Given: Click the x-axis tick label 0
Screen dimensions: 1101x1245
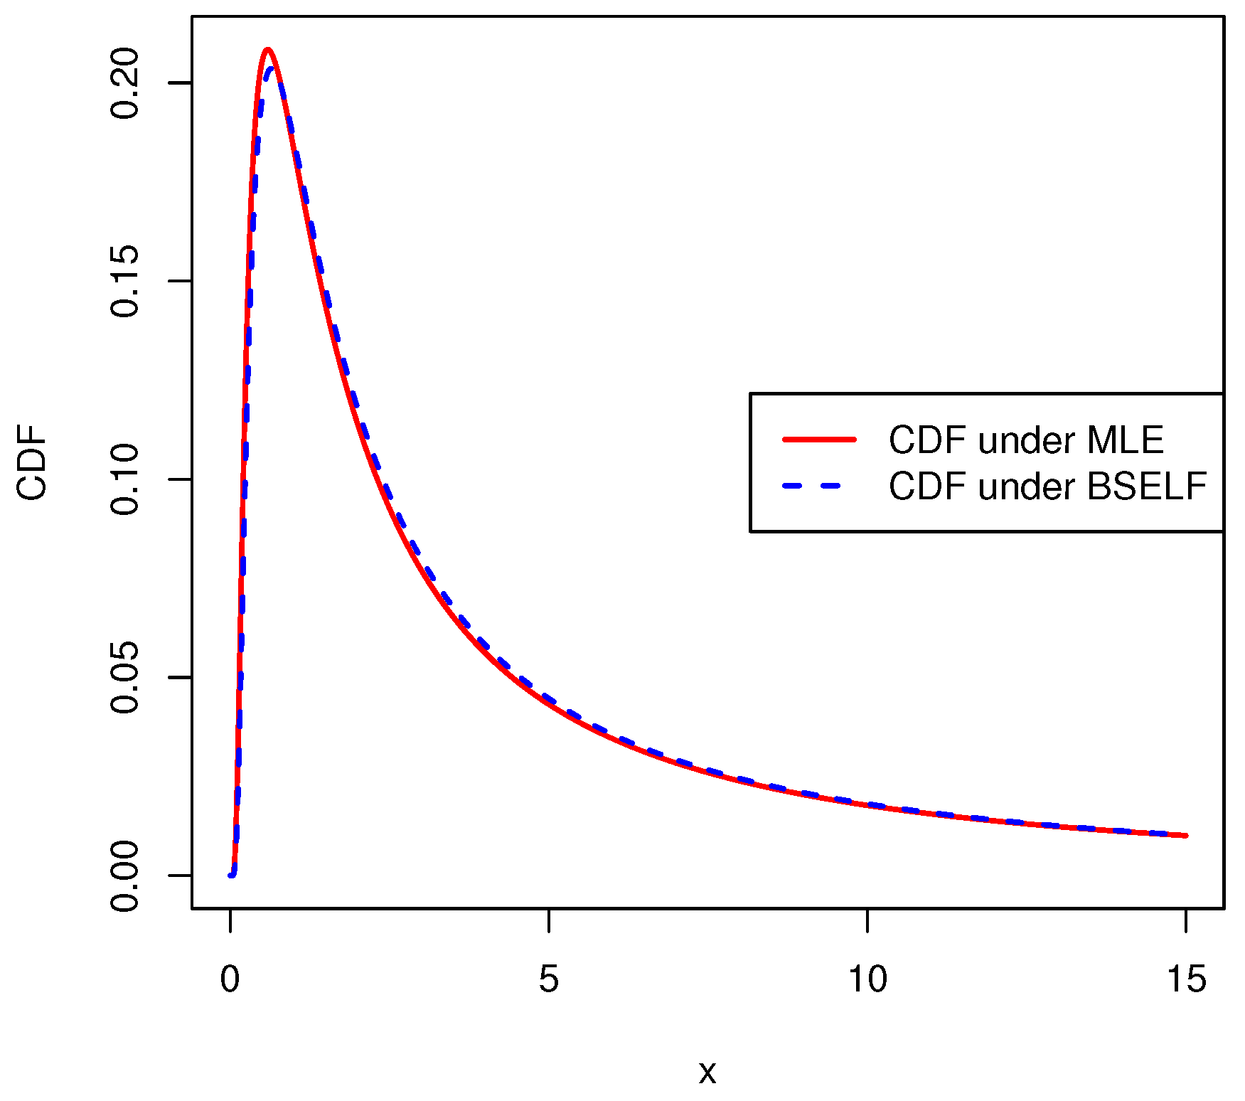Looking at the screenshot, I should [x=230, y=979].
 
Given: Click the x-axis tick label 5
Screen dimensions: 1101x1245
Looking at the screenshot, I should [x=548, y=979].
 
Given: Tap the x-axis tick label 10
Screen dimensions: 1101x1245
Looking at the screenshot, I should [x=867, y=979].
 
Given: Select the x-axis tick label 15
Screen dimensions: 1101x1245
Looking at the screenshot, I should [x=1186, y=979].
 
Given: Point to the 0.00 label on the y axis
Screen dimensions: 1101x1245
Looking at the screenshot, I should [x=125, y=876].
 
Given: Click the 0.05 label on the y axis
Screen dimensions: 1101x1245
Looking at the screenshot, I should [x=125, y=677].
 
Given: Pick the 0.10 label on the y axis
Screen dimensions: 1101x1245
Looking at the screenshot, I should [x=125, y=479].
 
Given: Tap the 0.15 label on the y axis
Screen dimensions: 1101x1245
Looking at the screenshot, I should [x=125, y=281].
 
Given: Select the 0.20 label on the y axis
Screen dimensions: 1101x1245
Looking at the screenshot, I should [x=125, y=83].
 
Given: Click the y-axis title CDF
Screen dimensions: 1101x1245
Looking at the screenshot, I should [x=32, y=462].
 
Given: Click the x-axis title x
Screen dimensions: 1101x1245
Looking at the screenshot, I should [x=707, y=1072].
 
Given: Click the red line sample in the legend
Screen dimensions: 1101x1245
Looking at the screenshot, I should [x=819, y=440].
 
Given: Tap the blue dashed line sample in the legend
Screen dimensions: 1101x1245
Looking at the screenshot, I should [x=819, y=486].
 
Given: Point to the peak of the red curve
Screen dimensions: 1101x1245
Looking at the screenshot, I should [x=267, y=49].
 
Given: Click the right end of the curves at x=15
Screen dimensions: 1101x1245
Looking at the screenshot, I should [x=1185, y=836].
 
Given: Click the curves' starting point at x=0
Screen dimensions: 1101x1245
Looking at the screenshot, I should [x=230, y=876].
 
